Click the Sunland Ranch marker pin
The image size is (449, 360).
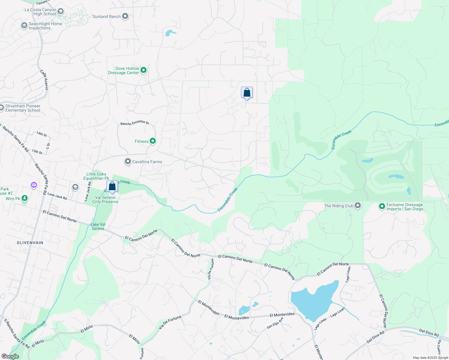125,16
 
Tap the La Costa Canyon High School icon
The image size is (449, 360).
61,12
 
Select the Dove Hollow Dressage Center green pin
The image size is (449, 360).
143,70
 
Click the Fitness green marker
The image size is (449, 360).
153,141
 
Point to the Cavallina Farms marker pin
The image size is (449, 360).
128,162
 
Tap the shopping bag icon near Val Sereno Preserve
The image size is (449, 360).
112,186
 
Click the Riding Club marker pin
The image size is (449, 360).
358,205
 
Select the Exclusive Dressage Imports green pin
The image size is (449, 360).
382,206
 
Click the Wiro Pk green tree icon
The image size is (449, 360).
25,198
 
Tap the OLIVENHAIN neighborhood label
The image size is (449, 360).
30,243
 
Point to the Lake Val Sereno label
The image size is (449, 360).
98,226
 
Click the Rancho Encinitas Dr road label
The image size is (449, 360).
135,123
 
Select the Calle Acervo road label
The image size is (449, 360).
44,80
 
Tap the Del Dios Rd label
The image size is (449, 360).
429,333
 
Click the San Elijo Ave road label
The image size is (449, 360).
275,323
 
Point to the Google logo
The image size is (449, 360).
10,356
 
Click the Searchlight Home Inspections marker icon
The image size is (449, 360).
24,25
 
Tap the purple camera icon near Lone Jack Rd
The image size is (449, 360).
34,185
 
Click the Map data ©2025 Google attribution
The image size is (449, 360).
430,358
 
